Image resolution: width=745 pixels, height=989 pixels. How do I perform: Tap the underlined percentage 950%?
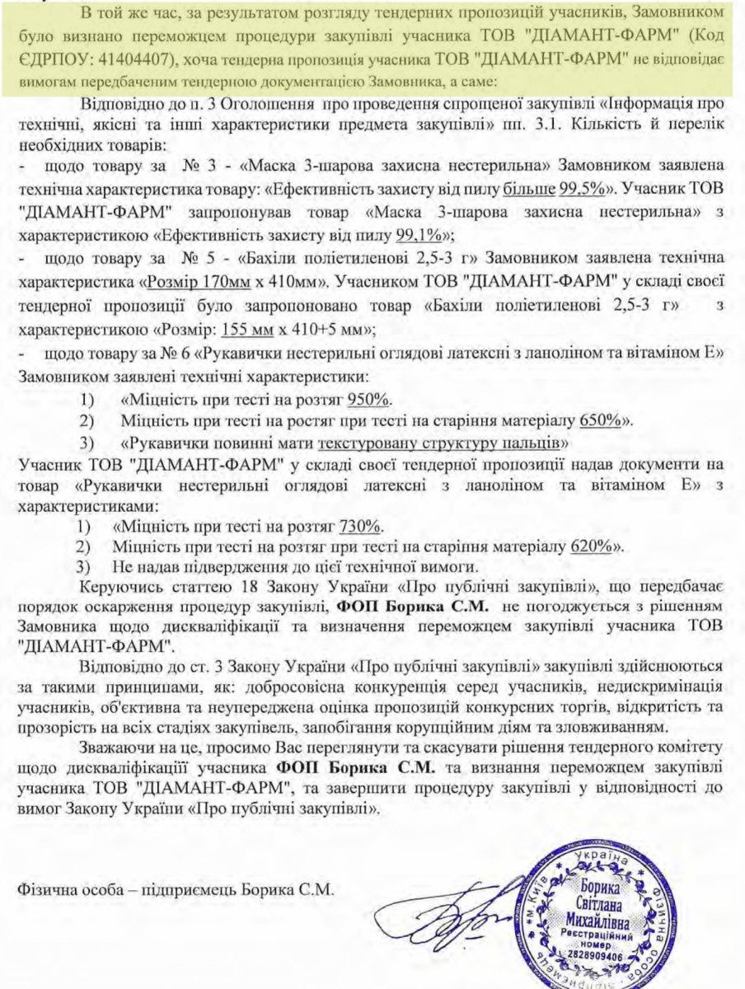point(369,401)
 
